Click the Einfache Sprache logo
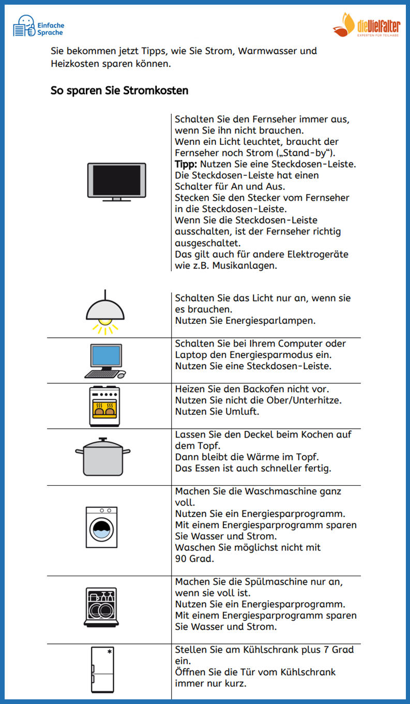click(x=38, y=26)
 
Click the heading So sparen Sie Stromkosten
click(x=119, y=91)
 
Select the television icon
click(x=117, y=182)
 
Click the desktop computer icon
click(x=105, y=361)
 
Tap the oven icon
click(x=104, y=406)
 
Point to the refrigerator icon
click(x=101, y=670)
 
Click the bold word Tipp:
click(x=186, y=164)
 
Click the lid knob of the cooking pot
click(x=103, y=439)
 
